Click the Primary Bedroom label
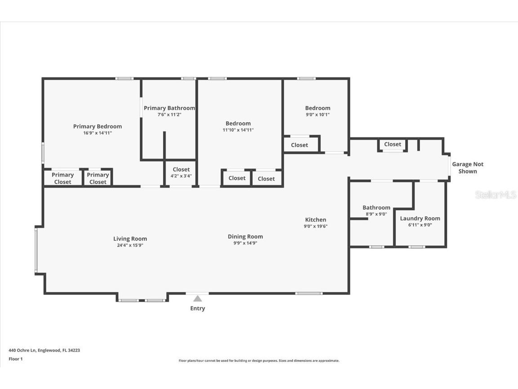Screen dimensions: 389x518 [x=97, y=127]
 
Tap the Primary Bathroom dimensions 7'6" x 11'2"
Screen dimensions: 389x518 [x=169, y=115]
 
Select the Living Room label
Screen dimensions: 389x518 [x=130, y=239]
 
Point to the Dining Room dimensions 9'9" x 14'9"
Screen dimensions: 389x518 [x=245, y=243]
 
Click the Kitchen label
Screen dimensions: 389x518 [x=315, y=220]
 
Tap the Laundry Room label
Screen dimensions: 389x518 [x=420, y=218]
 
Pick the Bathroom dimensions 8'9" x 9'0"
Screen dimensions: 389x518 [x=376, y=214]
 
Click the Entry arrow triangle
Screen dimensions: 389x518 [x=197, y=299]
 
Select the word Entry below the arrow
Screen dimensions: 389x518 [x=197, y=308]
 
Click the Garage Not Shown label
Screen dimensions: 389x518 [x=468, y=167]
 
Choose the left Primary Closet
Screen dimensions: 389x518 [x=63, y=178]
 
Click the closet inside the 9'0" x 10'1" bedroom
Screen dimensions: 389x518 [x=299, y=145]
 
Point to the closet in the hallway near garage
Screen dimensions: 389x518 [x=393, y=145]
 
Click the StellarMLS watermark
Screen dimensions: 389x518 [x=496, y=195]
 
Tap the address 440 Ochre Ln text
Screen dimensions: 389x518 [x=44, y=350]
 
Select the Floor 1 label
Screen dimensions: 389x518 [x=15, y=359]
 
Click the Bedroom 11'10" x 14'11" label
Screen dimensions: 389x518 [x=238, y=123]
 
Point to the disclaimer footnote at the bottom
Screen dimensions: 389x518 [x=259, y=361]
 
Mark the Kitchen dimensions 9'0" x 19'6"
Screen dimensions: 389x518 [x=315, y=226]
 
